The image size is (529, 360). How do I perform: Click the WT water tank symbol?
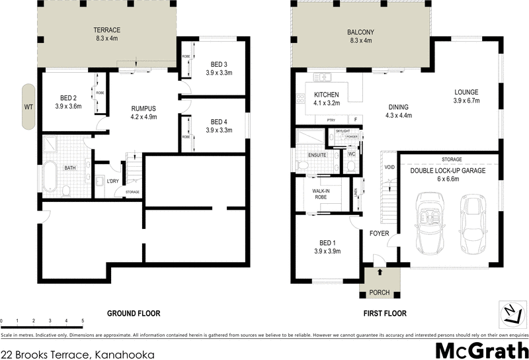pos(28,106)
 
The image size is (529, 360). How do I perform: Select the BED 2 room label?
pos(67,103)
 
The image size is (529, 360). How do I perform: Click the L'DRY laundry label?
pos(112,181)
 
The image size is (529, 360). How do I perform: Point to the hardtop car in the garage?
pos(474,220)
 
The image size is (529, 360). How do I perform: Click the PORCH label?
pos(380,292)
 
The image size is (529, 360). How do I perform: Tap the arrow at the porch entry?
pos(380,272)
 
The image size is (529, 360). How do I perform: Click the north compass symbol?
pos(510,313)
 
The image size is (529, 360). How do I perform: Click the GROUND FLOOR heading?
pos(134,313)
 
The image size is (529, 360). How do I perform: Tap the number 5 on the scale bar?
pos(83,321)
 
